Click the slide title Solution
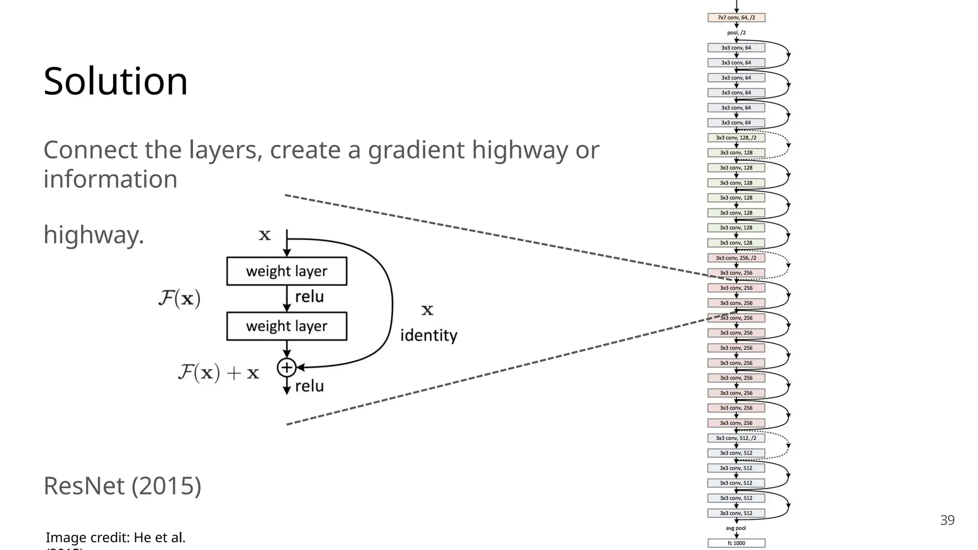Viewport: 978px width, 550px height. tap(116, 81)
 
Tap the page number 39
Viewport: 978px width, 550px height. tap(947, 520)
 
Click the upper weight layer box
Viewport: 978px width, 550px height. tap(287, 271)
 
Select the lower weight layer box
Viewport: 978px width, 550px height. tap(287, 326)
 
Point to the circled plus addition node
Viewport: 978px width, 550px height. tap(287, 368)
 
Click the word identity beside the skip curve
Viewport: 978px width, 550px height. tap(428, 335)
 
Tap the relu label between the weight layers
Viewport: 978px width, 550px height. tap(309, 297)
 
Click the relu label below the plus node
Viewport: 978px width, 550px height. tap(309, 386)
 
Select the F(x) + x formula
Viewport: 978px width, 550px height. tap(218, 372)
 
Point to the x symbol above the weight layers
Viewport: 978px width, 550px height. tap(265, 235)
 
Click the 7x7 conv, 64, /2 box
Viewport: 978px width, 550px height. tap(736, 18)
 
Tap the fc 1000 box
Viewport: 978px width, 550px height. tap(736, 543)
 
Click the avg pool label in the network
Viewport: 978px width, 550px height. tap(735, 528)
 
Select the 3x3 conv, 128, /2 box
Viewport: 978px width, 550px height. tap(736, 137)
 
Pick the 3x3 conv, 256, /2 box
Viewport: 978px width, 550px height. tap(736, 258)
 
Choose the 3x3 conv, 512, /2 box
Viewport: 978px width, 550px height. tap(736, 438)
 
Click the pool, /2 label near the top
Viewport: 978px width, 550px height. tap(736, 32)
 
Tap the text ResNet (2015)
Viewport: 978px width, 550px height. tap(122, 486)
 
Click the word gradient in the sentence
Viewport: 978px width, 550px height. tap(415, 150)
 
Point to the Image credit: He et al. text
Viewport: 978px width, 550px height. tap(116, 538)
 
